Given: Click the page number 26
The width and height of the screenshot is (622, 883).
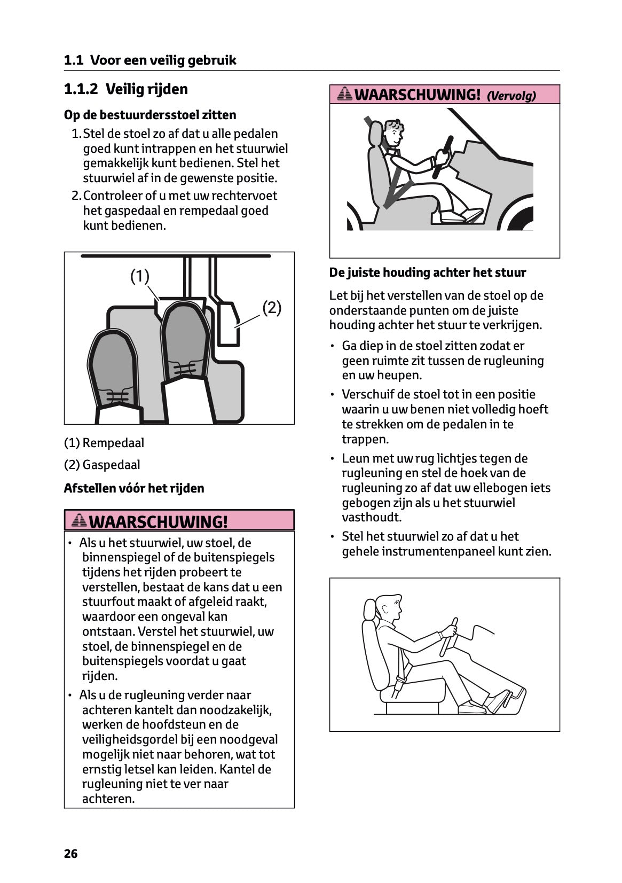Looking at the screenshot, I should pyautogui.click(x=70, y=854).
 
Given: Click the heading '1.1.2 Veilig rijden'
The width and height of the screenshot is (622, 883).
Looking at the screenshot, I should pyautogui.click(x=126, y=89).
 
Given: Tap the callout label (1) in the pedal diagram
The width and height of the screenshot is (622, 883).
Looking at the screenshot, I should pyautogui.click(x=140, y=276).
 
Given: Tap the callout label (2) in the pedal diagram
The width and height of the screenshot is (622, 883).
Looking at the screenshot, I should pyautogui.click(x=272, y=308).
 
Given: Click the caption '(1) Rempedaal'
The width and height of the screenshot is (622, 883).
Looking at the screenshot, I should pyautogui.click(x=104, y=443).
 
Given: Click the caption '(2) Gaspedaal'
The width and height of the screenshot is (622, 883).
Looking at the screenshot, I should pyautogui.click(x=102, y=465).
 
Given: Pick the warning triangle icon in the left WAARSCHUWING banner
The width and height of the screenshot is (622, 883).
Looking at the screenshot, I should pyautogui.click(x=79, y=520).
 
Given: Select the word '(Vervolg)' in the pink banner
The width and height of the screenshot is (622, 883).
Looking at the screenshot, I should pyautogui.click(x=511, y=96).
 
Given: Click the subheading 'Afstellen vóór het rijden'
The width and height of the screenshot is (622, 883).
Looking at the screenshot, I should pyautogui.click(x=134, y=488).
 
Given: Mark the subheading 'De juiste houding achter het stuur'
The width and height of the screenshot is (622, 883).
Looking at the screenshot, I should pyautogui.click(x=428, y=273).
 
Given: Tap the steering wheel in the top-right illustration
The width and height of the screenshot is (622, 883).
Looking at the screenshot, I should pyautogui.click(x=443, y=158).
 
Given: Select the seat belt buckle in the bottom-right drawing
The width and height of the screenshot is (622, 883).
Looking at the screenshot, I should pyautogui.click(x=399, y=683).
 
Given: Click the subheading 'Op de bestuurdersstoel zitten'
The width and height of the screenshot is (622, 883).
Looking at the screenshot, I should pyautogui.click(x=150, y=115).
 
